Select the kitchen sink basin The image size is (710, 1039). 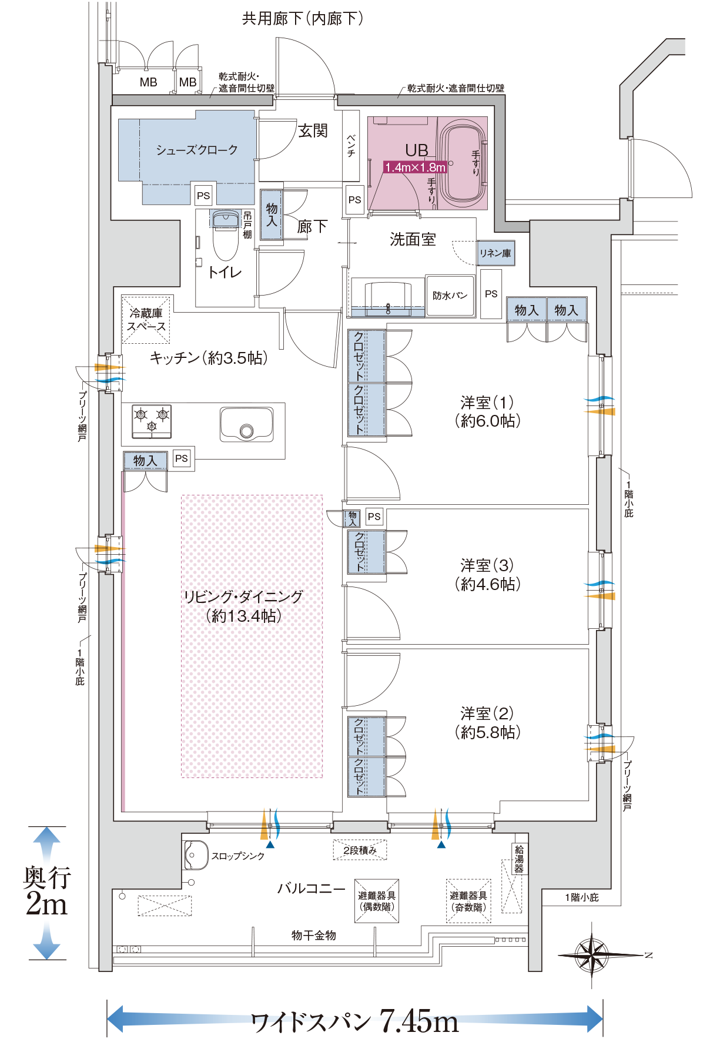tap(246, 424)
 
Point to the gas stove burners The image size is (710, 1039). tap(152, 421)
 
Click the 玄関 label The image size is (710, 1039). tap(312, 130)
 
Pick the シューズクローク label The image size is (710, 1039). tap(196, 150)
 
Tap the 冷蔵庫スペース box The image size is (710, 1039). tap(146, 320)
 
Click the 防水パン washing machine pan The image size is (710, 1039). tap(450, 296)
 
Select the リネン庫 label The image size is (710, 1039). tap(495, 253)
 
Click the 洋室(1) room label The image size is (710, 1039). tap(487, 411)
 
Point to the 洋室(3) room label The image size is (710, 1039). tap(487, 574)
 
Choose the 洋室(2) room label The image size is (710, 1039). tap(487, 722)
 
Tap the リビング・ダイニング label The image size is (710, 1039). tap(243, 606)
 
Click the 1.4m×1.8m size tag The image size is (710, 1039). tap(415, 167)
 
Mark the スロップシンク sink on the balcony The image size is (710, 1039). tap(196, 855)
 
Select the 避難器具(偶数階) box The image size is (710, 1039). tap(377, 901)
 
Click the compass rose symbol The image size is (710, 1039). tap(592, 954)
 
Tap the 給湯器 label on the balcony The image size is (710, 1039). tap(518, 859)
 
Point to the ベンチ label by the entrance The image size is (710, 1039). tap(351, 145)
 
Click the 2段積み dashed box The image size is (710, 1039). tap(360, 850)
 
